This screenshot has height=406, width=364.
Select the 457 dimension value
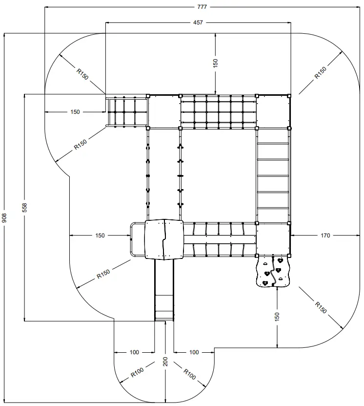click(198, 22)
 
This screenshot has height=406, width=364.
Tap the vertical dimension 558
click(24, 208)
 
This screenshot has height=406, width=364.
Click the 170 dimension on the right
click(325, 235)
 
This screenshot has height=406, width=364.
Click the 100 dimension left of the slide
click(135, 352)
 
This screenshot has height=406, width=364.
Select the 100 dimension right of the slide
click(194, 352)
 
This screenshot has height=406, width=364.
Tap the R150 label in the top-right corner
click(321, 72)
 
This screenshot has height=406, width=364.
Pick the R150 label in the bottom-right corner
click(320, 308)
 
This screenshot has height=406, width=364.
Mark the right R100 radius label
click(190, 374)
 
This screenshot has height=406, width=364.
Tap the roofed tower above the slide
click(164, 239)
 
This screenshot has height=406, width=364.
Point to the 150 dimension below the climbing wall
click(277, 317)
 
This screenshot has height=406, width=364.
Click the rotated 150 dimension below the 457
click(215, 63)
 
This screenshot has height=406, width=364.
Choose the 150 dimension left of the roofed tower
click(100, 235)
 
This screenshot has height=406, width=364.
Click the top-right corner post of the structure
click(289, 95)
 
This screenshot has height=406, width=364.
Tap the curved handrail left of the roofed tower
click(132, 239)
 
